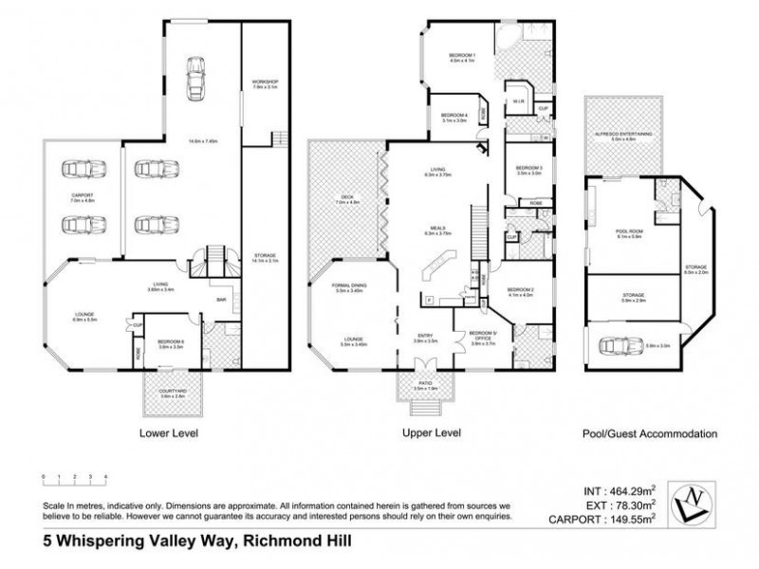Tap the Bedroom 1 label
click(x=462, y=57)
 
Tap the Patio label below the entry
click(x=426, y=386)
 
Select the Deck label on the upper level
click(x=347, y=198)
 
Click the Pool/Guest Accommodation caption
click(x=649, y=433)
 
